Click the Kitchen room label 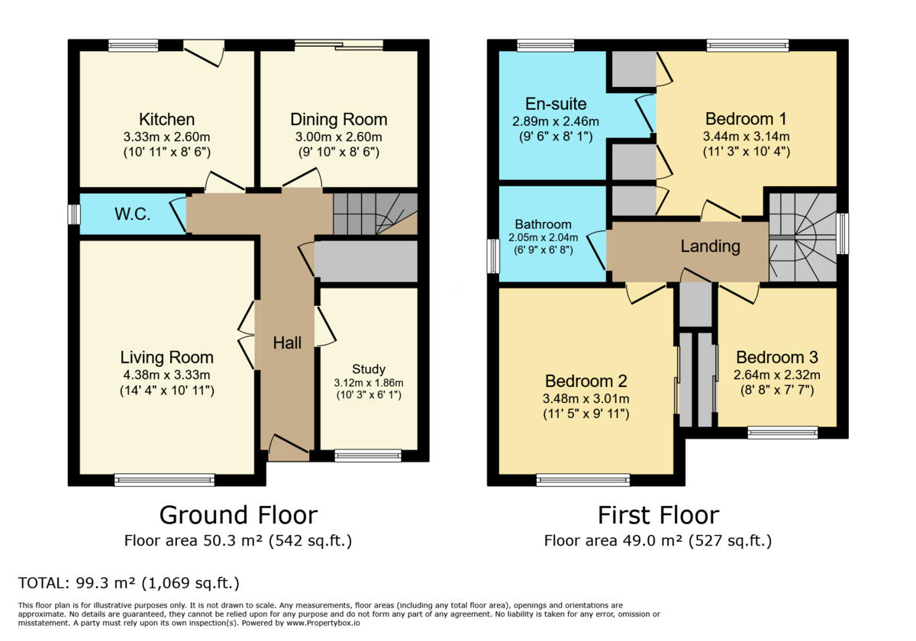(x=166, y=120)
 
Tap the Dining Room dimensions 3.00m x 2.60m (x=338, y=137)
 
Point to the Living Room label (x=166, y=357)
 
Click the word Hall (x=287, y=343)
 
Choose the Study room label (x=369, y=369)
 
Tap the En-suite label (x=556, y=104)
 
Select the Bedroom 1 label (x=746, y=119)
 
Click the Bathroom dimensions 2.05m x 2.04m (x=543, y=237)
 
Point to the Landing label (x=710, y=246)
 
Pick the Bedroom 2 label (x=585, y=381)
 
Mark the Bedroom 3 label (x=776, y=357)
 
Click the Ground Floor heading (x=237, y=515)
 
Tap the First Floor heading (x=657, y=515)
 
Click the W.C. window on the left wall (x=73, y=214)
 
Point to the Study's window (x=368, y=456)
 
